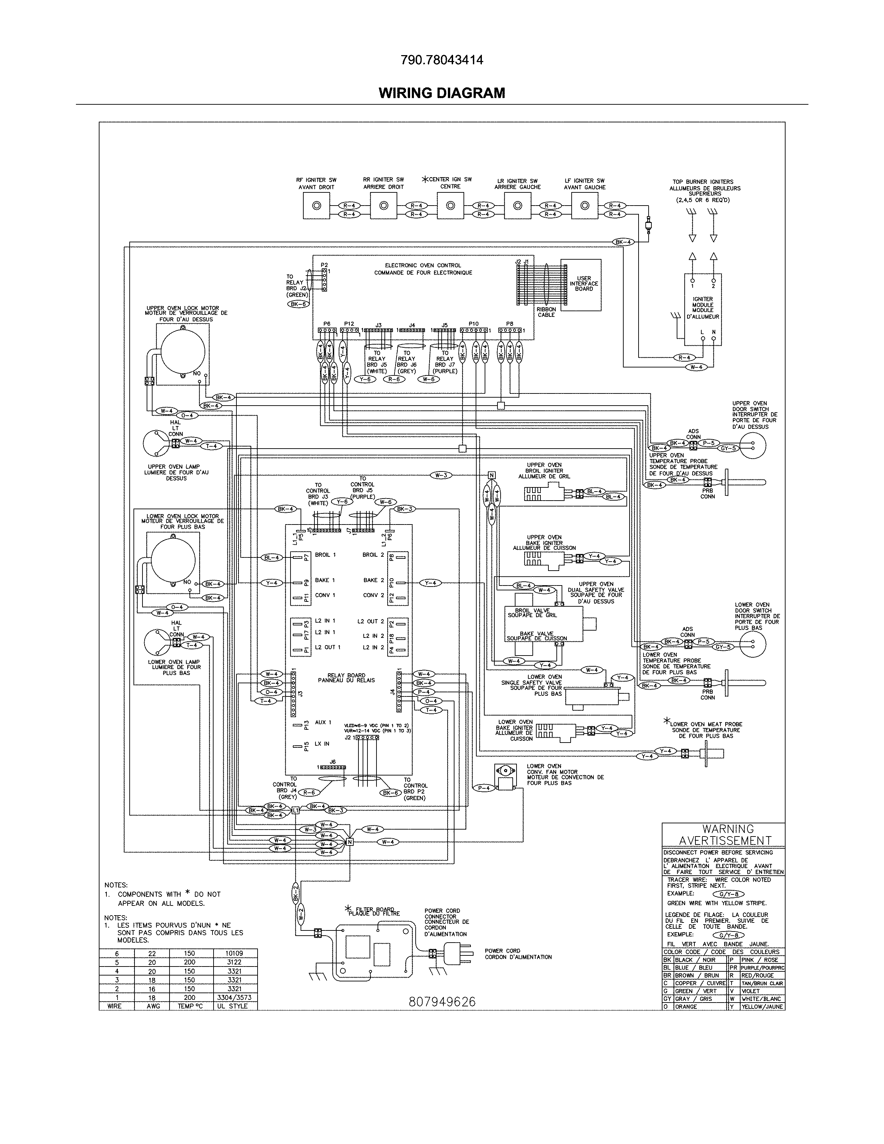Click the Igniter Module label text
(x=702, y=308)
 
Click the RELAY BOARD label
(x=346, y=678)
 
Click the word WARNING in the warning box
(x=728, y=829)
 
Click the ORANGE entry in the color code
(x=686, y=1006)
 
